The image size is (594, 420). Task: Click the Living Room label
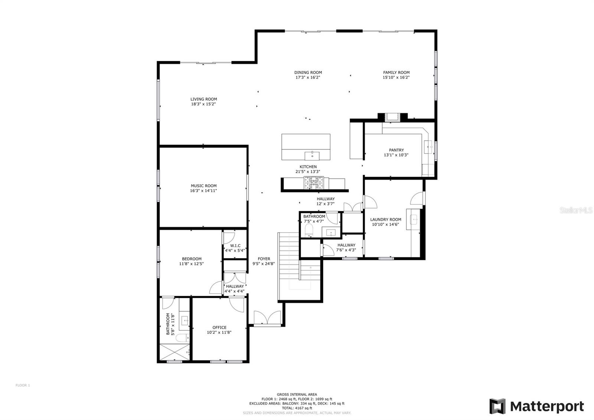click(203, 99)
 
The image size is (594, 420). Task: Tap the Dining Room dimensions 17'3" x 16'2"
click(308, 78)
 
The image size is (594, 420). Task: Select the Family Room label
click(396, 73)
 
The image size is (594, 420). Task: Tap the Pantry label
click(396, 150)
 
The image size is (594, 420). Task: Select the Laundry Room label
click(386, 220)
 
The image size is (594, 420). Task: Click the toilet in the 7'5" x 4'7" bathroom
click(309, 230)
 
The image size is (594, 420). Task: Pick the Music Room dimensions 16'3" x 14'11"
click(203, 191)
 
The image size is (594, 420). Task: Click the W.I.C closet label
click(235, 246)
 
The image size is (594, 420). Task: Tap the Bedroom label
click(192, 259)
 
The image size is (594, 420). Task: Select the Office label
click(219, 327)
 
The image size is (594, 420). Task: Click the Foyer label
click(264, 259)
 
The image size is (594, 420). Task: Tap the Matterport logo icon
click(497, 406)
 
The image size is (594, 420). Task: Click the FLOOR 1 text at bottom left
click(23, 385)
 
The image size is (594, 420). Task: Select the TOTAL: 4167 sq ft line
click(297, 408)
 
